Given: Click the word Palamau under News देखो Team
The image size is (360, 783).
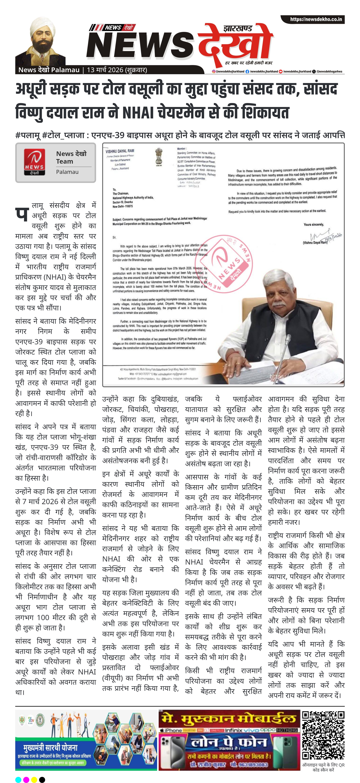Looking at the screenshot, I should (67, 172).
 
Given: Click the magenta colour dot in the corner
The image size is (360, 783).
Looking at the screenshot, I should (26, 779).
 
